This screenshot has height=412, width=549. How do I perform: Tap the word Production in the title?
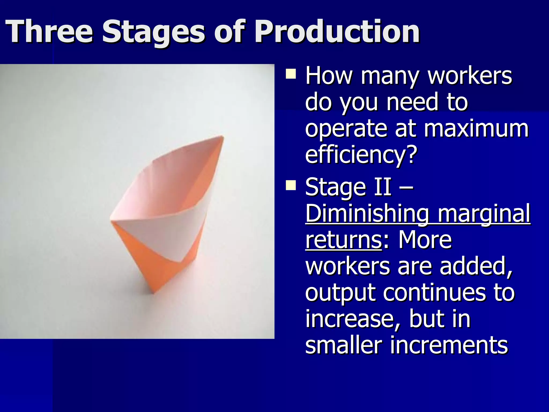pos(337,32)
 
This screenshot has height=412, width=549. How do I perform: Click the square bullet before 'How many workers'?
pos(291,74)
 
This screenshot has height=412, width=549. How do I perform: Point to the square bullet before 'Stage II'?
pos(291,185)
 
